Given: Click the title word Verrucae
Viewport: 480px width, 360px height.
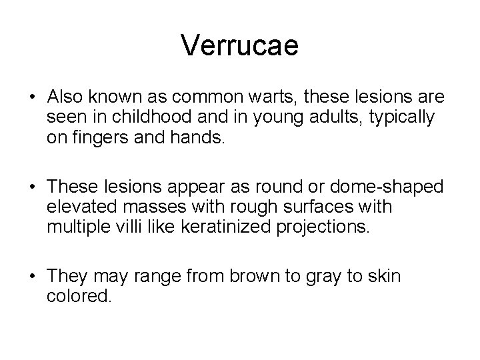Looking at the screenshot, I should (x=240, y=46).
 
